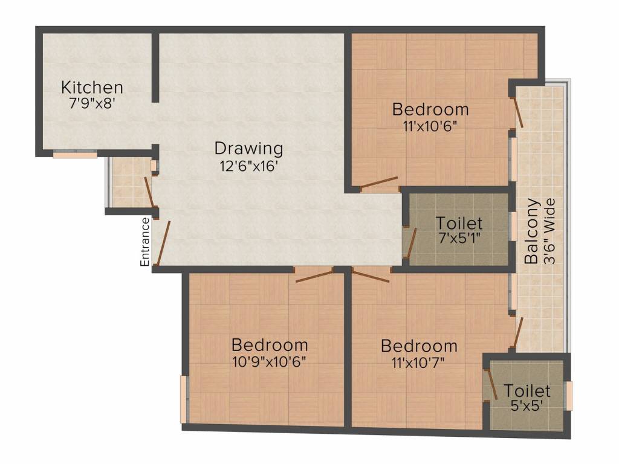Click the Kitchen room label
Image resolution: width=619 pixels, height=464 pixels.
[92, 88]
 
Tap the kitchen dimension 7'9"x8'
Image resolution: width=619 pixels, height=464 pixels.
[92, 103]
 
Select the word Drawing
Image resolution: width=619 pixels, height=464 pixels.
[248, 148]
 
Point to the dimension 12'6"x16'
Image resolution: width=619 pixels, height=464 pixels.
[248, 166]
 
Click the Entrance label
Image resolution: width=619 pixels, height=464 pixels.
[145, 242]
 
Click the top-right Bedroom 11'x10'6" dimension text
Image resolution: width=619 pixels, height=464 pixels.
[430, 126]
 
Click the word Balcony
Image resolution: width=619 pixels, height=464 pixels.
[531, 231]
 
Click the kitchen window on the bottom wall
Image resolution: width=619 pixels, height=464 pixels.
[75, 155]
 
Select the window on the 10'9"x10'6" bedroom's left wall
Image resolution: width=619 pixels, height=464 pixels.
[184, 399]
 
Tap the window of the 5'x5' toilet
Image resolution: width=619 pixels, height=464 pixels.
[568, 396]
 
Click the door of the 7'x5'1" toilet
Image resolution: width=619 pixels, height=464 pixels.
[410, 242]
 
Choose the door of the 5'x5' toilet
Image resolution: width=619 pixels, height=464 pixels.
[491, 384]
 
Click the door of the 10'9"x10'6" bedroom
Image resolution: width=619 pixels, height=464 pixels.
[314, 276]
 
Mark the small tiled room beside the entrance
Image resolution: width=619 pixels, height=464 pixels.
[128, 182]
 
